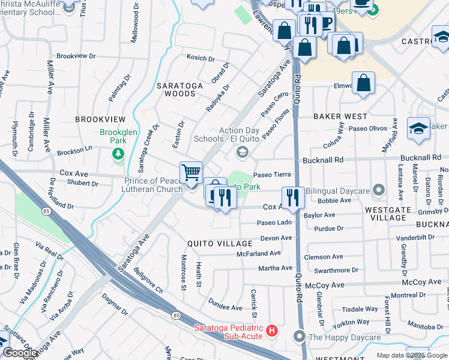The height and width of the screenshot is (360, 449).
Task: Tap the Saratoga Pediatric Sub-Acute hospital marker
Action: tap(272, 331)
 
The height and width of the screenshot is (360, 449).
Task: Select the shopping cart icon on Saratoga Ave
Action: tap(191, 173)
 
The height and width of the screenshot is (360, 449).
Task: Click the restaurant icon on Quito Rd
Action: tap(292, 197)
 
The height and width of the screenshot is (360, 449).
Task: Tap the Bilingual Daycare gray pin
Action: tap(378, 191)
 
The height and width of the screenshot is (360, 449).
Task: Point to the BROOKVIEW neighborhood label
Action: tap(100, 119)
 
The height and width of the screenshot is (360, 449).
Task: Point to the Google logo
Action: tap(20, 353)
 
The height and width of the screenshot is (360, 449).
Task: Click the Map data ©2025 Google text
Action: tap(412, 355)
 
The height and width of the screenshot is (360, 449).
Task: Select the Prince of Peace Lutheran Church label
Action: tap(153, 185)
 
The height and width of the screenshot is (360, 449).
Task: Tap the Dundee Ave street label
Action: tap(225, 304)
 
